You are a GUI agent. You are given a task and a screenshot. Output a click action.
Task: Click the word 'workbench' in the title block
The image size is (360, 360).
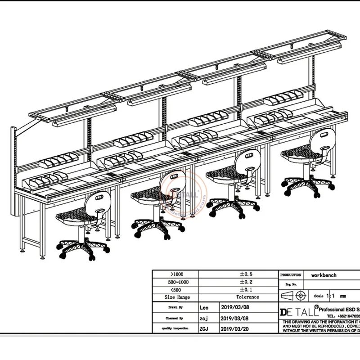(x=324, y=274)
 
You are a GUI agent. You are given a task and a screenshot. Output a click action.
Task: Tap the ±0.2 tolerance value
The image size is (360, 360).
(x=248, y=282)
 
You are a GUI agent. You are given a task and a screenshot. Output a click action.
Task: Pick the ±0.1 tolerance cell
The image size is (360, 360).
(x=248, y=289)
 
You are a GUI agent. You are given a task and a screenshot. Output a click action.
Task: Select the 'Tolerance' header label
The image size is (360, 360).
(x=248, y=297)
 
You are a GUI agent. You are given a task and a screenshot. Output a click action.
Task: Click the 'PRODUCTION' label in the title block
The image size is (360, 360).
(x=291, y=274)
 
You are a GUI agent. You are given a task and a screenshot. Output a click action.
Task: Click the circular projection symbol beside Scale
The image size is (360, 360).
(x=301, y=296)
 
